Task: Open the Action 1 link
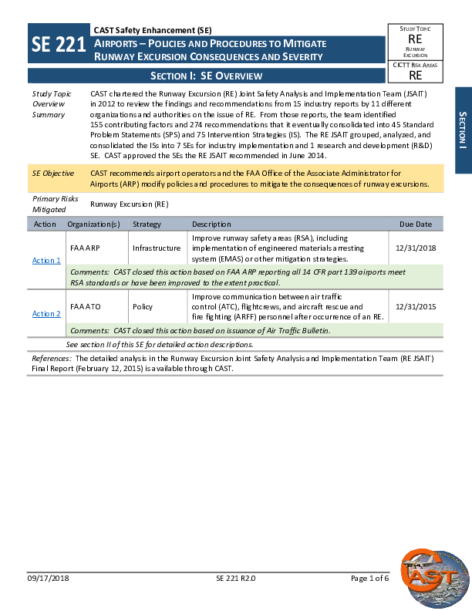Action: click(x=46, y=261)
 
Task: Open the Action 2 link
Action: click(x=46, y=314)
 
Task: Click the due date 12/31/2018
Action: click(x=415, y=248)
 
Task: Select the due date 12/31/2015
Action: click(x=415, y=306)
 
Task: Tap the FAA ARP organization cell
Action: click(x=85, y=248)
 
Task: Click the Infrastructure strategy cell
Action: click(x=157, y=248)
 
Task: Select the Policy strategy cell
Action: click(x=143, y=306)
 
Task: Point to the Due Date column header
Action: click(x=416, y=224)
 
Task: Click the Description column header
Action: click(x=211, y=224)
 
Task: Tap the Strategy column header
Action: click(x=147, y=224)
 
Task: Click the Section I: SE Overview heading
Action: click(x=206, y=76)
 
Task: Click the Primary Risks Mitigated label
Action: click(x=51, y=204)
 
